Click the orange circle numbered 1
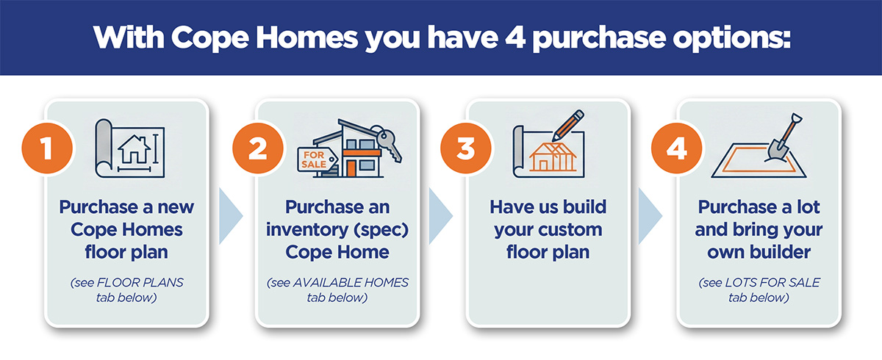[x=47, y=148]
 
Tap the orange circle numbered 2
[x=258, y=148]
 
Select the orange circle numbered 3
[x=466, y=148]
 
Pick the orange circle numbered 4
[x=676, y=148]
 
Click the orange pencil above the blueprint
[x=567, y=125]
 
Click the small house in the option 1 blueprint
[x=135, y=149]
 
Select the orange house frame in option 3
[x=553, y=156]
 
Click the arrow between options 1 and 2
[x=231, y=216]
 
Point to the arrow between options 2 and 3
[x=440, y=216]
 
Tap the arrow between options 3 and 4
[x=650, y=216]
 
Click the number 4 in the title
[x=515, y=37]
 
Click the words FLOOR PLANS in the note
[x=140, y=283]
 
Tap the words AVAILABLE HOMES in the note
[x=351, y=283]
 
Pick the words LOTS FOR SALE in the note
[x=772, y=283]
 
